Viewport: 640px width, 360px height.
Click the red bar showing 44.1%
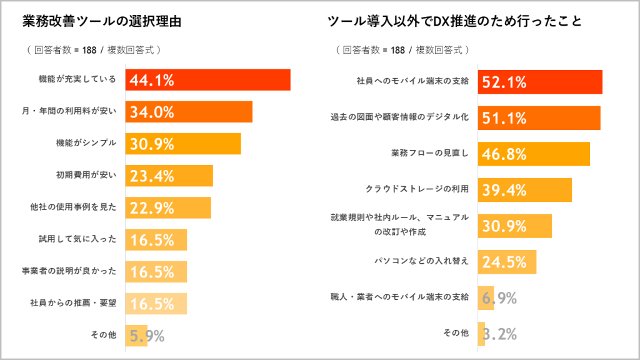coord(207,80)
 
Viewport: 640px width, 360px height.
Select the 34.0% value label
coord(152,112)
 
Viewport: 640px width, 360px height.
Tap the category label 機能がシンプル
coord(86,143)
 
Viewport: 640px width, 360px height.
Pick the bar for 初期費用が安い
coord(169,176)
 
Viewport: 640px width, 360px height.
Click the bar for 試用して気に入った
coord(156,239)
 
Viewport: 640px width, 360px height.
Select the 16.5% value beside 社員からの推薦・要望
coord(152,304)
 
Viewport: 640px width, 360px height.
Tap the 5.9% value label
coord(147,336)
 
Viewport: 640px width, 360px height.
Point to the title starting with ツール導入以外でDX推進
coord(455,21)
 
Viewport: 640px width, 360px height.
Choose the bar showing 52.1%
coord(540,82)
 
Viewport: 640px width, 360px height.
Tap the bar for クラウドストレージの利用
coord(525,190)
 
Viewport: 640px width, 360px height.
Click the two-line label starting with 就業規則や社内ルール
coord(399,224)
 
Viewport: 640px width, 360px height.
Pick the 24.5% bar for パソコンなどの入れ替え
coord(507,262)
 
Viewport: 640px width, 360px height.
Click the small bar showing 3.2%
coord(481,334)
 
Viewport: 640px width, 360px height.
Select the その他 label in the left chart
coord(103,336)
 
